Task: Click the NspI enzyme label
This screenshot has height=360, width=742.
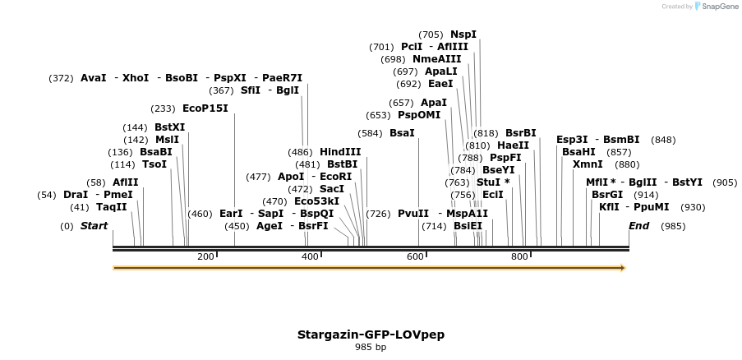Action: click(463, 35)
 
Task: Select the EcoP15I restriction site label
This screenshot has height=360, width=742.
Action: click(205, 108)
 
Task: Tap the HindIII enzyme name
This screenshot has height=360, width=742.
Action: click(340, 152)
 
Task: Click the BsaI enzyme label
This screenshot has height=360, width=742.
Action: click(402, 133)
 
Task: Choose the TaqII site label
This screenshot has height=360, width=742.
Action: click(111, 207)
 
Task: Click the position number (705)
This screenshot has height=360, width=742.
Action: click(431, 35)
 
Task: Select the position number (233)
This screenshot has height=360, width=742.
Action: click(163, 108)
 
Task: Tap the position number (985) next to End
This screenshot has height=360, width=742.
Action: click(673, 226)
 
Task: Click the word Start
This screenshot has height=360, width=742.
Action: click(94, 226)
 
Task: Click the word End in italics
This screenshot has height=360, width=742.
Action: click(638, 226)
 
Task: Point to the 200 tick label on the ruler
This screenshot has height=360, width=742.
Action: click(205, 256)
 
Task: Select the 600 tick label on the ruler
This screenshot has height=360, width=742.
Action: click(414, 256)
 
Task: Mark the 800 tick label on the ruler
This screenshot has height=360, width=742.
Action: click(518, 256)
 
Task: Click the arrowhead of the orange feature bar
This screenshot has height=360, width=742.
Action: click(622, 268)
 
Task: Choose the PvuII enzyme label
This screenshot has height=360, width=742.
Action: click(413, 214)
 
